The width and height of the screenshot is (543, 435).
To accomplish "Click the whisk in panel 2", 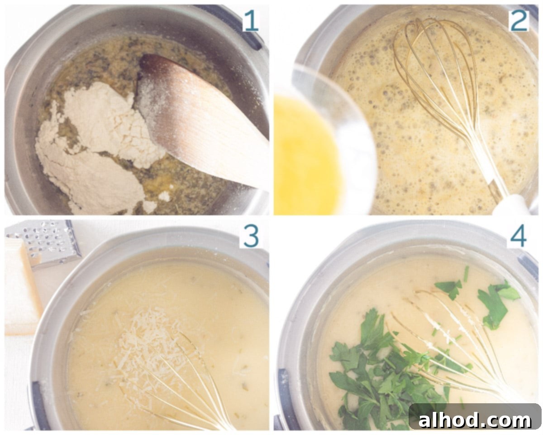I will tap(434, 91).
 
